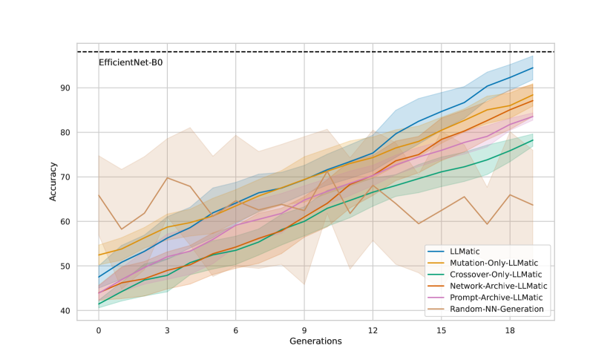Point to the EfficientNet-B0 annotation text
pos(131,62)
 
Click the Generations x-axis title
pos(315,341)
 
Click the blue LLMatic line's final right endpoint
pos(533,68)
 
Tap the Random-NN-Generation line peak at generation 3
pos(167,178)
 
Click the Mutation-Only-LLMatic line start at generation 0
pos(99,255)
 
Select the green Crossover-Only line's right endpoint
pos(533,140)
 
